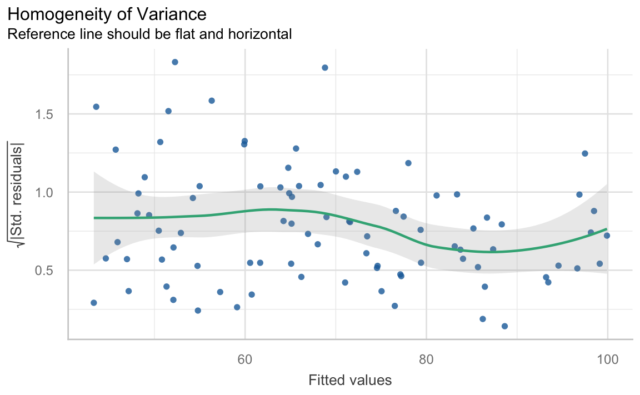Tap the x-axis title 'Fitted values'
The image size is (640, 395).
coord(350,381)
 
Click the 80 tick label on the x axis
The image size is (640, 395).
coord(426,359)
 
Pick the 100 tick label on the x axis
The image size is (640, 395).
coord(607,359)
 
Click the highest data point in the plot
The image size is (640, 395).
coord(174,62)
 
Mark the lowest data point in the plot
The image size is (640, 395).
coord(504,326)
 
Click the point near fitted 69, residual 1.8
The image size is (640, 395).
coord(325,68)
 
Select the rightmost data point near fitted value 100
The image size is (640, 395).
coord(607,236)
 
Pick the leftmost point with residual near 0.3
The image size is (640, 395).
coord(93,303)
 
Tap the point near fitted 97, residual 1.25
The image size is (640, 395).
coord(584,153)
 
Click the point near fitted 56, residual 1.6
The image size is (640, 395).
coord(212,101)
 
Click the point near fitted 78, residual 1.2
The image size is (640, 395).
coord(408,163)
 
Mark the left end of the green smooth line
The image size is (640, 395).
coord(94,218)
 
